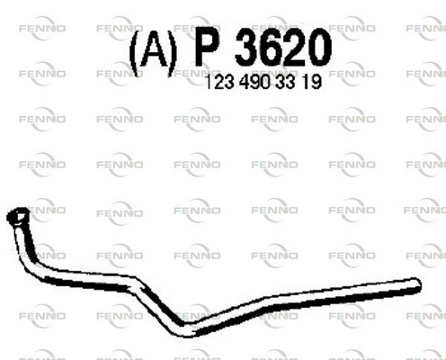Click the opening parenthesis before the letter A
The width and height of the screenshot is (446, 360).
[134, 53]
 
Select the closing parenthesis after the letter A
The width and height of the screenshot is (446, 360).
[172, 53]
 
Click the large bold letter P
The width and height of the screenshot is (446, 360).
[206, 49]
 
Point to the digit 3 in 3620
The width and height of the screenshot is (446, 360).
[246, 49]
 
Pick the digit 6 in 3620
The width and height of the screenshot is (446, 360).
[271, 49]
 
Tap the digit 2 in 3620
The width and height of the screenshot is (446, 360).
[294, 49]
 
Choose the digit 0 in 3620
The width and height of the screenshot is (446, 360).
[319, 49]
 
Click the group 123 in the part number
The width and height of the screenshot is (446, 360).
[219, 82]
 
